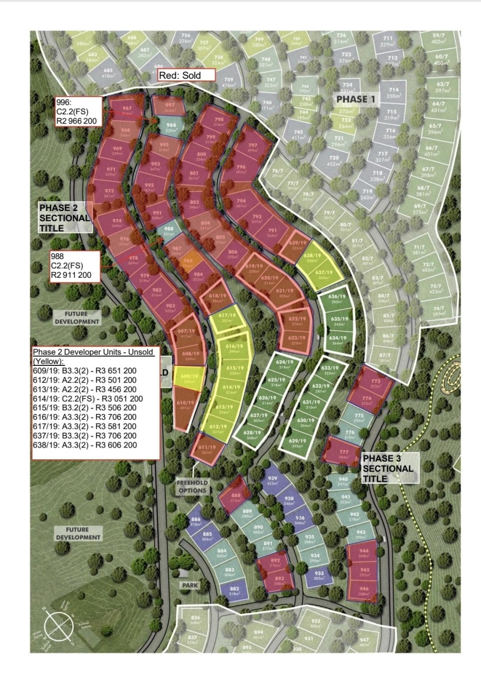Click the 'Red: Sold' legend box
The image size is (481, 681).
[187, 75]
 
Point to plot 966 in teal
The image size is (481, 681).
[171, 128]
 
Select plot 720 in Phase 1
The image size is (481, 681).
[334, 161]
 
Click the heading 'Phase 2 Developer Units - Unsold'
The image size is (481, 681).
[93, 353]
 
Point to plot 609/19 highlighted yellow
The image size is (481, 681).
[189, 379]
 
